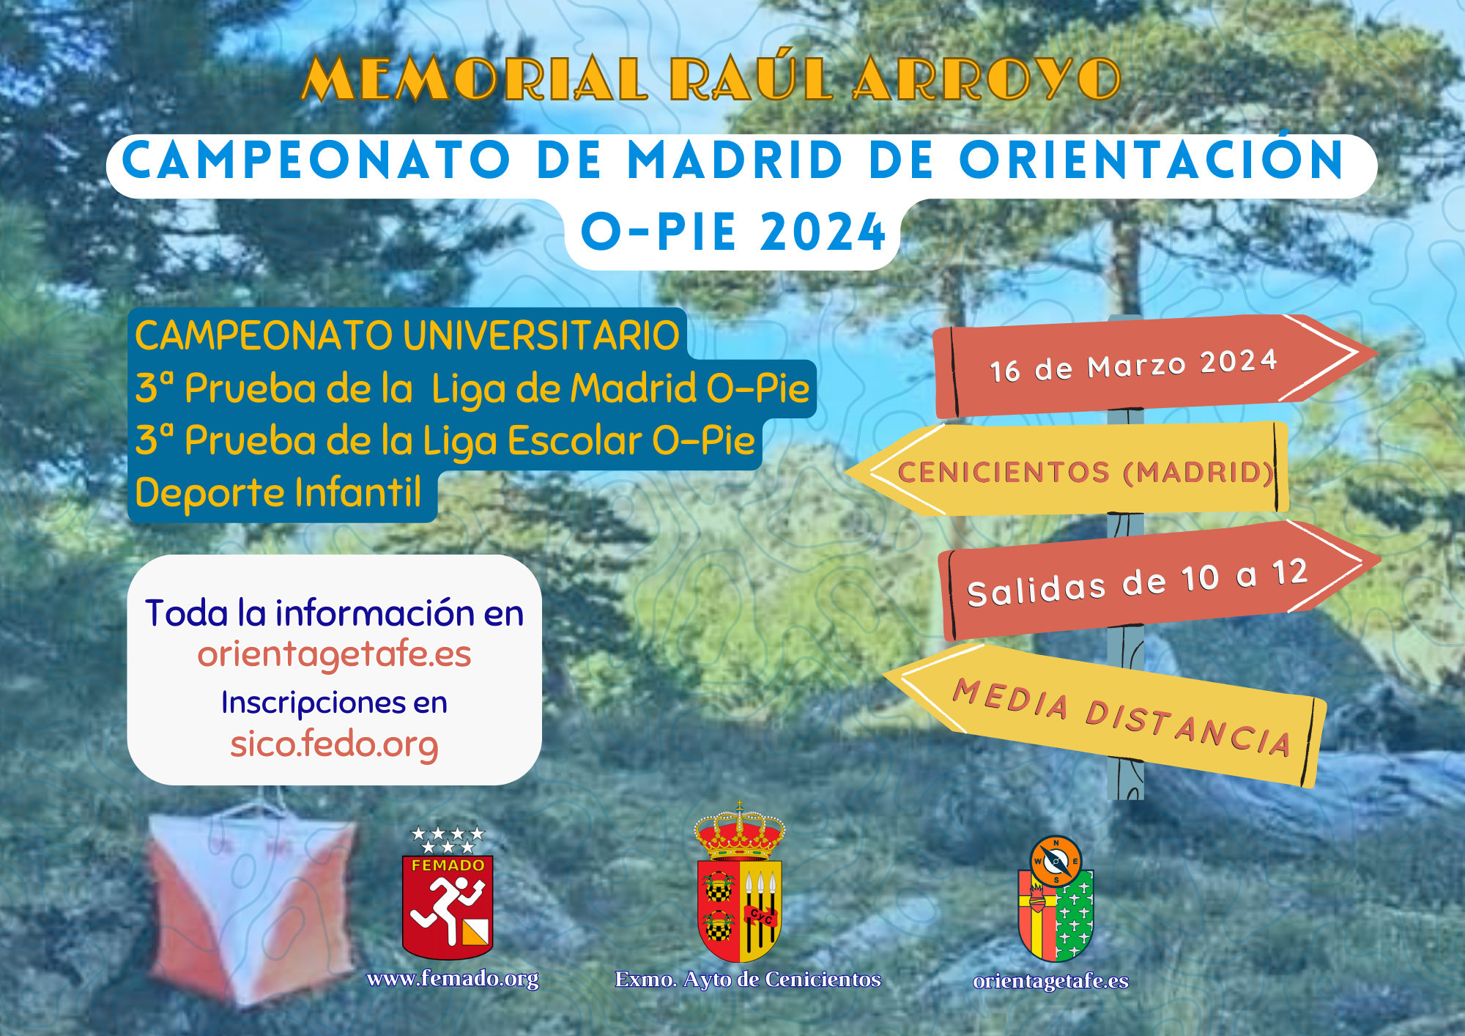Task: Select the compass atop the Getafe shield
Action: [x=1056, y=860]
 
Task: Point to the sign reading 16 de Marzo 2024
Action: [x=1154, y=365]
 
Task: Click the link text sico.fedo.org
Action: [x=334, y=744]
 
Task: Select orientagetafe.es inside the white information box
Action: [x=334, y=654]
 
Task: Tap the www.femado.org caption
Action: [x=453, y=979]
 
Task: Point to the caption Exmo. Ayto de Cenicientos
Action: [x=748, y=980]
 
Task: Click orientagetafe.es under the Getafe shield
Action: [x=1050, y=981]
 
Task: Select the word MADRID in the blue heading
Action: [x=735, y=160]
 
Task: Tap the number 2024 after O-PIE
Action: [x=823, y=232]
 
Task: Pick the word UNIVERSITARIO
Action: [x=541, y=336]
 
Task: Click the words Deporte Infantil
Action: [x=278, y=492]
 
